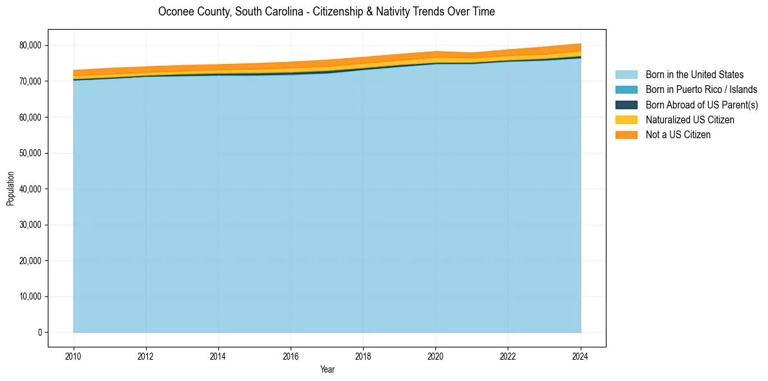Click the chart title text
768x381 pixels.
coord(326,12)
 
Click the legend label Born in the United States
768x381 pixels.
coord(694,75)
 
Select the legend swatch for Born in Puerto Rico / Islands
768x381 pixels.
coord(626,90)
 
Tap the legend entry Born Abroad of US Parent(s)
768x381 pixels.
coord(701,105)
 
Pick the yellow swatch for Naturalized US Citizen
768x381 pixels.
coord(626,119)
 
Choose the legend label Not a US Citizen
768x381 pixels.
coord(678,134)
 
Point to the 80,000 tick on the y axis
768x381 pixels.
coord(32,45)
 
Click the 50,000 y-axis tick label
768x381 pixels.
coord(32,153)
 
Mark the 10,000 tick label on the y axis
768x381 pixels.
coord(32,296)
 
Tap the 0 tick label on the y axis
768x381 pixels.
coord(39,333)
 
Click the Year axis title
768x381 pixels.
coord(327,369)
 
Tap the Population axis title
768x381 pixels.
coord(10,189)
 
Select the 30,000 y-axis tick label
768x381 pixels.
coord(32,225)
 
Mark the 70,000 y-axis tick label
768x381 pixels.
coord(32,81)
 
